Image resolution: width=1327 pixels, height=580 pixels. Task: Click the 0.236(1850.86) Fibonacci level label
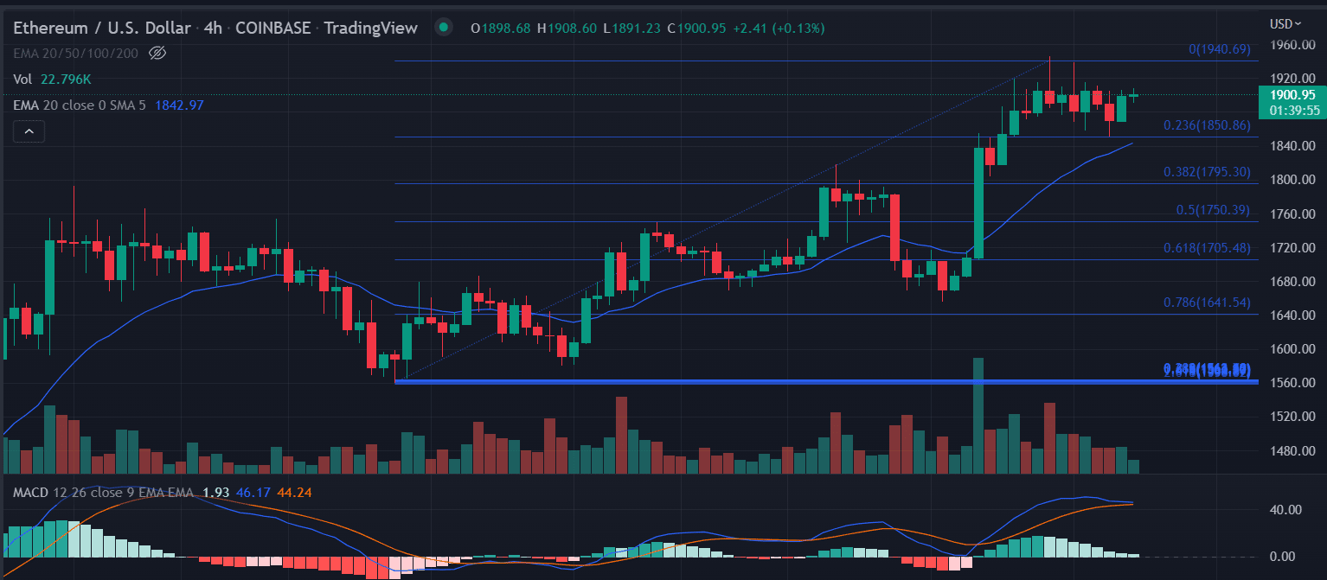1208,125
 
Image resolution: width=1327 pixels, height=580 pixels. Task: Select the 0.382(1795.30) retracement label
1208,172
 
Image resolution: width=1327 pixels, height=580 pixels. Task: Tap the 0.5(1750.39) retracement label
1212,210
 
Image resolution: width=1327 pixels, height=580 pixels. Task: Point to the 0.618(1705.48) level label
1208,248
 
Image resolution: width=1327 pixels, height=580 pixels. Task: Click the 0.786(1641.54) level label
1208,303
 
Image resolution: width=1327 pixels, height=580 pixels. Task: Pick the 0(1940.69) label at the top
1220,49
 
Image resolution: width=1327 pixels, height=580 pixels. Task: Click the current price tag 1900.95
1292,95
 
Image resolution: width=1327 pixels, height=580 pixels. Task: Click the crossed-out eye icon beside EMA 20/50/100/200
157,54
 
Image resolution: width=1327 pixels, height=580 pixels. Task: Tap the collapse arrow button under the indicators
29,131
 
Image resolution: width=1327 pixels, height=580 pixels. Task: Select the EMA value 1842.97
179,105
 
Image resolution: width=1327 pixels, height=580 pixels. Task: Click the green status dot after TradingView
444,28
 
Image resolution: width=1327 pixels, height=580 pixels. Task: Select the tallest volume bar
978,415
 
